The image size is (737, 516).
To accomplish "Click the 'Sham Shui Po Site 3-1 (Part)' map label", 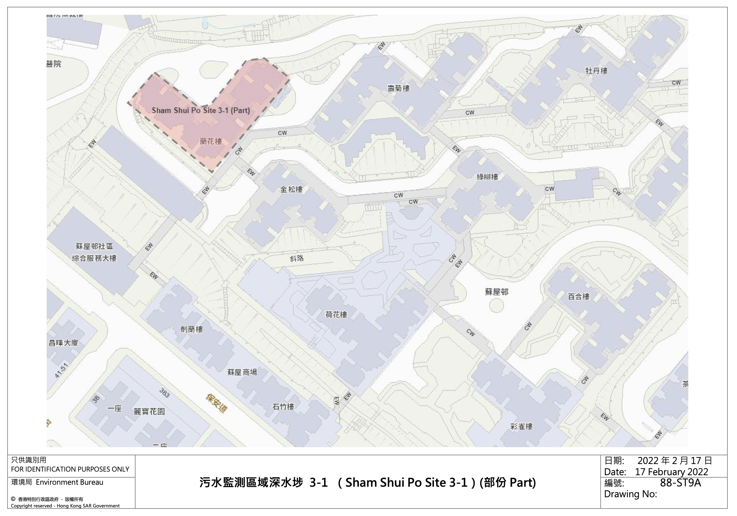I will click(201, 111).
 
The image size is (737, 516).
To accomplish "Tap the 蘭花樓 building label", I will click(211, 142).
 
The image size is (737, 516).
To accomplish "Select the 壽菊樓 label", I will click(398, 88).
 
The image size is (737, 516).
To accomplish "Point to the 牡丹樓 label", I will click(596, 71).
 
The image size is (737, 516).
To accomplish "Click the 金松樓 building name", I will click(291, 190).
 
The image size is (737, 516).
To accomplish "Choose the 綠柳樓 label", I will click(487, 177).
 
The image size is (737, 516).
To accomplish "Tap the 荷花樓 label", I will click(336, 315).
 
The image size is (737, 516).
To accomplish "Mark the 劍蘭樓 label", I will click(192, 329).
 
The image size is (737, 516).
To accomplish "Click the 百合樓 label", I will click(579, 297).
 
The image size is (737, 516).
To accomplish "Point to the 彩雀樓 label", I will click(521, 426).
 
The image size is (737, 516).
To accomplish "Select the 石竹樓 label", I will click(283, 407).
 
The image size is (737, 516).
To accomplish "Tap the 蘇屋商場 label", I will click(242, 372).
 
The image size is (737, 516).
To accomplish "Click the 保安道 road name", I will click(216, 404).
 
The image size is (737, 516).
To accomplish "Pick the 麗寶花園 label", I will click(149, 412).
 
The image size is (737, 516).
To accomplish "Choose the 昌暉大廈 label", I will click(63, 343).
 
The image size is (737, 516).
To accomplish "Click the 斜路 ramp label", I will click(297, 259).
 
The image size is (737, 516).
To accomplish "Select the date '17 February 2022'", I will click(672, 472).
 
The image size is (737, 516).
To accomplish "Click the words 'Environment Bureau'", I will click(69, 482).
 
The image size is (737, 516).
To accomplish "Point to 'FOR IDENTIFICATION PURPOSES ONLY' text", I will click(70, 469).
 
